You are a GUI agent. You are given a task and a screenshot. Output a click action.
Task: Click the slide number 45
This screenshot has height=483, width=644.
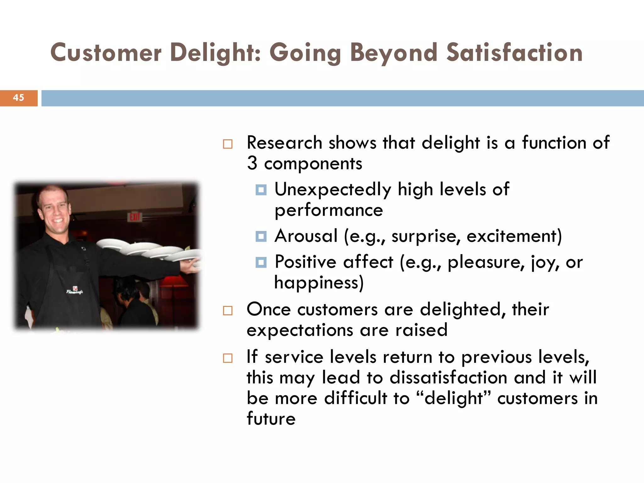(19, 98)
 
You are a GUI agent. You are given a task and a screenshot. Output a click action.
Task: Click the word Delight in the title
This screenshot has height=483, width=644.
(215, 53)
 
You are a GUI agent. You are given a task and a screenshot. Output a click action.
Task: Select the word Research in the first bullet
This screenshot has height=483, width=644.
(284, 143)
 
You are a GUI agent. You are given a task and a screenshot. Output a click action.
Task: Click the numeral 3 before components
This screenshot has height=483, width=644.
(252, 163)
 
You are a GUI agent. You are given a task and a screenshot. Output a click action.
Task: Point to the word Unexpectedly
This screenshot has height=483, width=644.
(333, 190)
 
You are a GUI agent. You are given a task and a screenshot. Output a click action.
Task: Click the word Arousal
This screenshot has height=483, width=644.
(306, 236)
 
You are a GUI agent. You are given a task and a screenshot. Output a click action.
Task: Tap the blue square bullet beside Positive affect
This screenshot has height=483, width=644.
(261, 262)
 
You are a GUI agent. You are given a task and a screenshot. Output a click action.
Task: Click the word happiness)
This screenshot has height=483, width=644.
(319, 282)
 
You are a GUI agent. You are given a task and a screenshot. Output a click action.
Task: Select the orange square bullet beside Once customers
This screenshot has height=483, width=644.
(228, 311)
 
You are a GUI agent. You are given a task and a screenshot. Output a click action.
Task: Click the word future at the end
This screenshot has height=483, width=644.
(271, 419)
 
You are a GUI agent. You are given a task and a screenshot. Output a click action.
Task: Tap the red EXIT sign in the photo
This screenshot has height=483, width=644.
(135, 217)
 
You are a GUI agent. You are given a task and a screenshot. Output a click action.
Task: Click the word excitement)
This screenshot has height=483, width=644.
(514, 236)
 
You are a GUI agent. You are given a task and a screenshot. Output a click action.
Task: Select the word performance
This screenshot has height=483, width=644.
(329, 210)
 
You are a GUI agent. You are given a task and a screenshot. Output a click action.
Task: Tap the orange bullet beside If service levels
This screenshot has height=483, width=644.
(228, 358)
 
